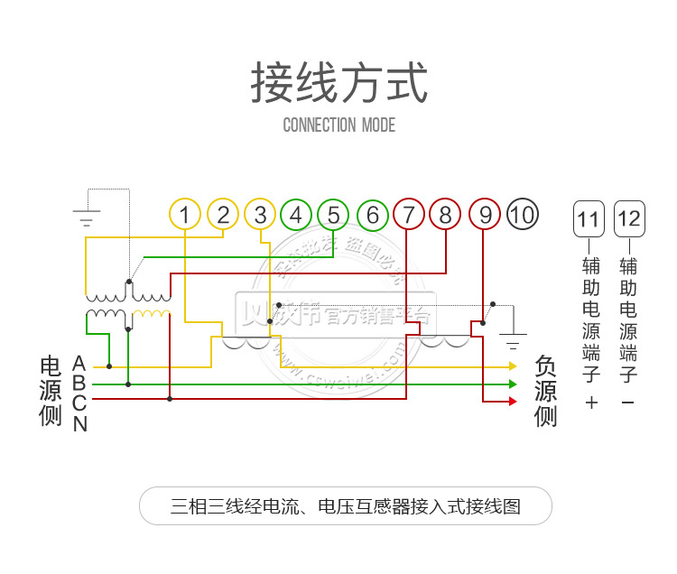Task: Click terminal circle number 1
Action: (184, 215)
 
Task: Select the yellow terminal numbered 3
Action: (260, 215)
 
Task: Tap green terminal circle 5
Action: (333, 215)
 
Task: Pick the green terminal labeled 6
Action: (372, 215)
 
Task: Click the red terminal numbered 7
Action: (409, 215)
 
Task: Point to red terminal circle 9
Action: (485, 215)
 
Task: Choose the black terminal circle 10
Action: (522, 215)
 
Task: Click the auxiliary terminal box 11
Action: (588, 219)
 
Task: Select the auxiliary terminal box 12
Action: (629, 219)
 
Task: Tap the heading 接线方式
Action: (338, 82)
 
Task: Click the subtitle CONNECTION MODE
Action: (338, 125)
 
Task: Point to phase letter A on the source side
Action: (79, 363)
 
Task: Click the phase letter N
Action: (79, 423)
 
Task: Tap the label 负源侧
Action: (546, 391)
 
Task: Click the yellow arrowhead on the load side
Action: (513, 366)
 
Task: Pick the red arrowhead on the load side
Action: (513, 400)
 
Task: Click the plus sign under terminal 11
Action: (591, 403)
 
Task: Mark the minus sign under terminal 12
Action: (628, 403)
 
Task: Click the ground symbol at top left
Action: (87, 217)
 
